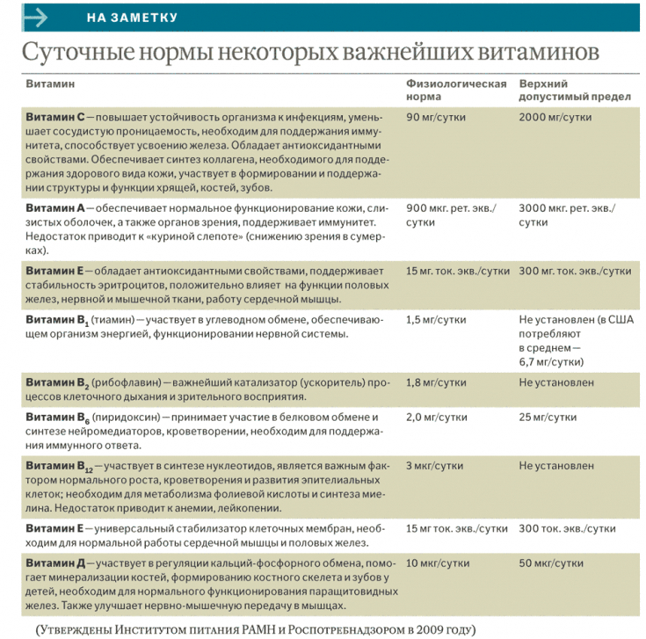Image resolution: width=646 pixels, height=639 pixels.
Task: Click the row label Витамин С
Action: (x=54, y=117)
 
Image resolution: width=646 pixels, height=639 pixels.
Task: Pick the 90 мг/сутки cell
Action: (x=436, y=117)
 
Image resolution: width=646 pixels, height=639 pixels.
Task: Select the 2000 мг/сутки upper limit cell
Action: (x=555, y=117)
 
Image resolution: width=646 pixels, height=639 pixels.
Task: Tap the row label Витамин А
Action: (x=54, y=207)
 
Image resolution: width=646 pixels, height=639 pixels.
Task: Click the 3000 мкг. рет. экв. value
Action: (x=567, y=207)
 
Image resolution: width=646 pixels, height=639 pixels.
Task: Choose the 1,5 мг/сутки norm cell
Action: (x=436, y=320)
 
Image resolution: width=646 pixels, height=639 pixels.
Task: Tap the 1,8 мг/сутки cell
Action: (x=436, y=383)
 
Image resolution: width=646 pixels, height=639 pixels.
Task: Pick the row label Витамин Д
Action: (x=54, y=563)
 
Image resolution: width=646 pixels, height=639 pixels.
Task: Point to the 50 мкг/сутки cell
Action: (x=551, y=563)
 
